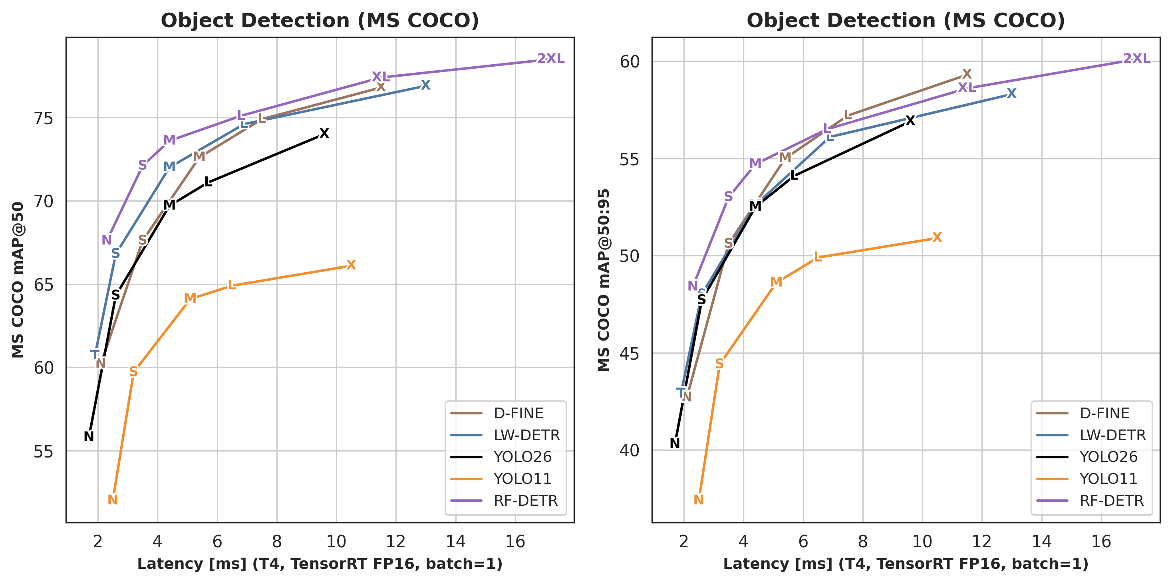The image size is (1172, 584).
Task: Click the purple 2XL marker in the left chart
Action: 550,59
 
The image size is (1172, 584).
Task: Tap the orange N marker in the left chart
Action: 112,500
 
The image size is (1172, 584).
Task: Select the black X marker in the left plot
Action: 324,133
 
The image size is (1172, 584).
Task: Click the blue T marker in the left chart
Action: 95,354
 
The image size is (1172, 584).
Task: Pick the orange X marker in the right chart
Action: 937,237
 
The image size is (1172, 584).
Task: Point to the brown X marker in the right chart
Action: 967,74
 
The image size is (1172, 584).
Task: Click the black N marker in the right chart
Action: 675,443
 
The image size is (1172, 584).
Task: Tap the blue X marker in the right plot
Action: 1011,93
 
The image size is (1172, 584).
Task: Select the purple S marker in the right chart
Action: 728,196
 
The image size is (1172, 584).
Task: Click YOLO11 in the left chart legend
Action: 522,479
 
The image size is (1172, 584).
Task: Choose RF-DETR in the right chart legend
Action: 1112,501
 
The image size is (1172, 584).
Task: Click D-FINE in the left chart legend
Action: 518,414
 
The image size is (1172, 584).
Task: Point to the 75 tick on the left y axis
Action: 43,118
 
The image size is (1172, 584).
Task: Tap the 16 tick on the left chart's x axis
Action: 515,542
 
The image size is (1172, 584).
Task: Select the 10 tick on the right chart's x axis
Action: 922,542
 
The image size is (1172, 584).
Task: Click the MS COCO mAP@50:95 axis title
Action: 603,280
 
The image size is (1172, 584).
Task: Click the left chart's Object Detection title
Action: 320,20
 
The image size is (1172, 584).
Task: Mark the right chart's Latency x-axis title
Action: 906,564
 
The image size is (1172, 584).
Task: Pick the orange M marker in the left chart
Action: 190,298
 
